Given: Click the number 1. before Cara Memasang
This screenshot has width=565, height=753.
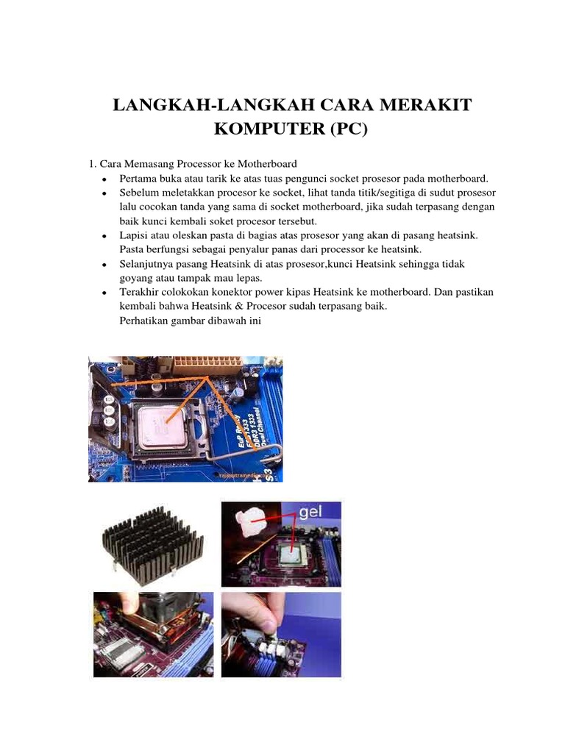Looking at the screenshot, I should [x=92, y=163].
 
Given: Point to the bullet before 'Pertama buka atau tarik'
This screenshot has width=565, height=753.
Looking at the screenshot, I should [x=106, y=179].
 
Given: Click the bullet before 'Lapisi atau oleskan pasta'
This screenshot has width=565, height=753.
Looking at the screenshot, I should [x=106, y=235].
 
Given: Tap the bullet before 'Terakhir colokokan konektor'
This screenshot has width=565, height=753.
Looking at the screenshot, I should [x=106, y=293].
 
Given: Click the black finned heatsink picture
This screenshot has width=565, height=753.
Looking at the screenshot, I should [x=150, y=542].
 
